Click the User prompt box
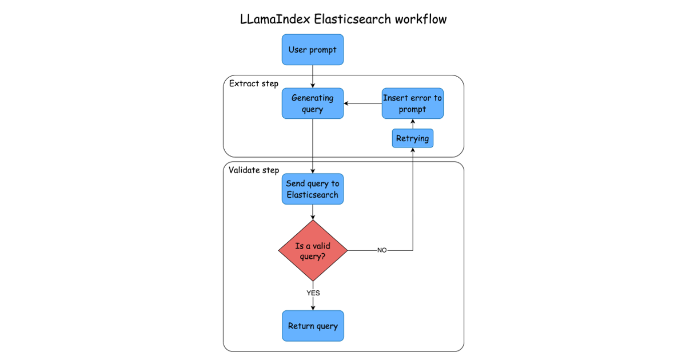pyautogui.click(x=313, y=50)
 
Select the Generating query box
pyautogui.click(x=313, y=103)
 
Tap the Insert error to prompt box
pyautogui.click(x=412, y=103)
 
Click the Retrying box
pyautogui.click(x=412, y=138)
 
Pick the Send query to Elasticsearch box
pyautogui.click(x=313, y=189)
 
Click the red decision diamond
pyautogui.click(x=313, y=251)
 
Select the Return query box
pyautogui.click(x=313, y=326)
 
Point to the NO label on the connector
pyautogui.click(x=382, y=251)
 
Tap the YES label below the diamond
pyautogui.click(x=313, y=293)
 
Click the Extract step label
pyautogui.click(x=254, y=84)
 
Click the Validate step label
pyautogui.click(x=254, y=170)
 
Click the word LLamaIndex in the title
pyautogui.click(x=275, y=19)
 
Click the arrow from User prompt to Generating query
pyautogui.click(x=313, y=76)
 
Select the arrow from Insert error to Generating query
pyautogui.click(x=362, y=103)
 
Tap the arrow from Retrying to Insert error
pyautogui.click(x=412, y=124)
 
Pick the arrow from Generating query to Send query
pyautogui.click(x=313, y=146)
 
